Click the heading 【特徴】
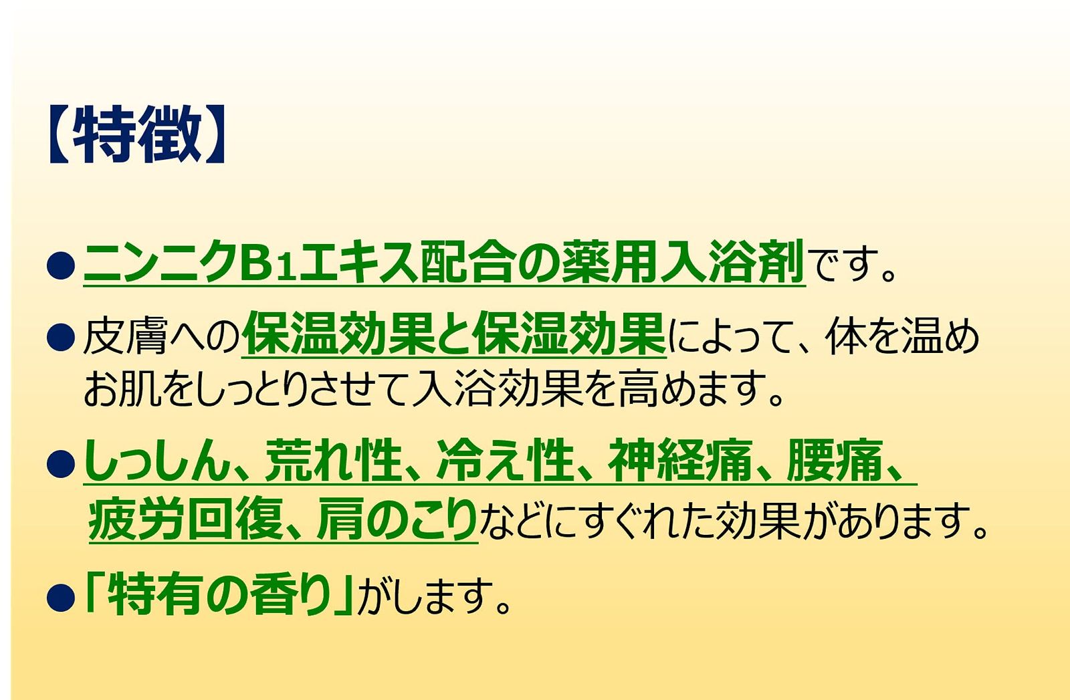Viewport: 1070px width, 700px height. click(x=136, y=134)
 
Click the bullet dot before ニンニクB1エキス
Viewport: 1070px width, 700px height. click(x=61, y=265)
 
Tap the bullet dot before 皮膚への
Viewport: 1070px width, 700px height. click(x=61, y=337)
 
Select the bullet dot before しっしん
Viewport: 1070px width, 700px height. click(x=61, y=463)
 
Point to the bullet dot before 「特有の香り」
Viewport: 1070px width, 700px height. click(x=61, y=597)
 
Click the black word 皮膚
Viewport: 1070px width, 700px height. click(x=126, y=337)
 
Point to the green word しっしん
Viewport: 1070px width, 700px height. click(x=156, y=460)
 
